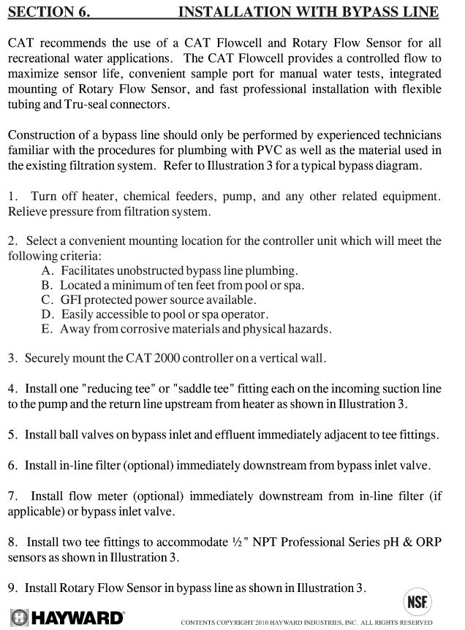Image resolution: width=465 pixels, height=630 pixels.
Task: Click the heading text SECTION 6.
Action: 43,12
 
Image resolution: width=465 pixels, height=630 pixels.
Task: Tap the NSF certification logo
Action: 418,604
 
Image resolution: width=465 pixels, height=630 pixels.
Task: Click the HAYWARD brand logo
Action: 67,618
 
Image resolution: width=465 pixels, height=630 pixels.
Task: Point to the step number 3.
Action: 12,359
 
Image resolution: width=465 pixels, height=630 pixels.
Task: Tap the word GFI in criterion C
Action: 74,300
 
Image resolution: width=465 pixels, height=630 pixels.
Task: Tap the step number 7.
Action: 12,496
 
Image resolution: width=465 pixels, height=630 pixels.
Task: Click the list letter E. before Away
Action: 48,329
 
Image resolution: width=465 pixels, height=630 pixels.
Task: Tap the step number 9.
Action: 12,587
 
